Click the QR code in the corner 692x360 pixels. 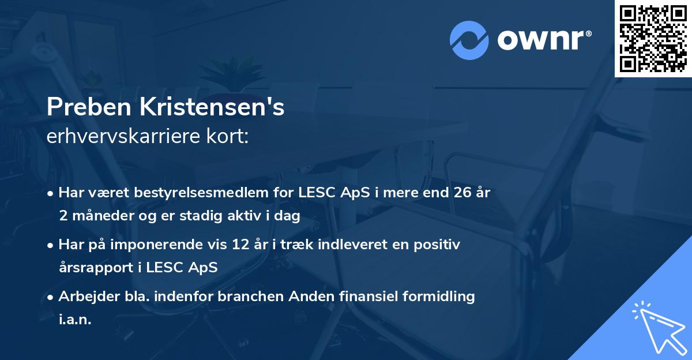click(653, 38)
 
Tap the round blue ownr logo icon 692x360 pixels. click(469, 40)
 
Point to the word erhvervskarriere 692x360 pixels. click(123, 136)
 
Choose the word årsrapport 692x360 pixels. click(92, 267)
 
